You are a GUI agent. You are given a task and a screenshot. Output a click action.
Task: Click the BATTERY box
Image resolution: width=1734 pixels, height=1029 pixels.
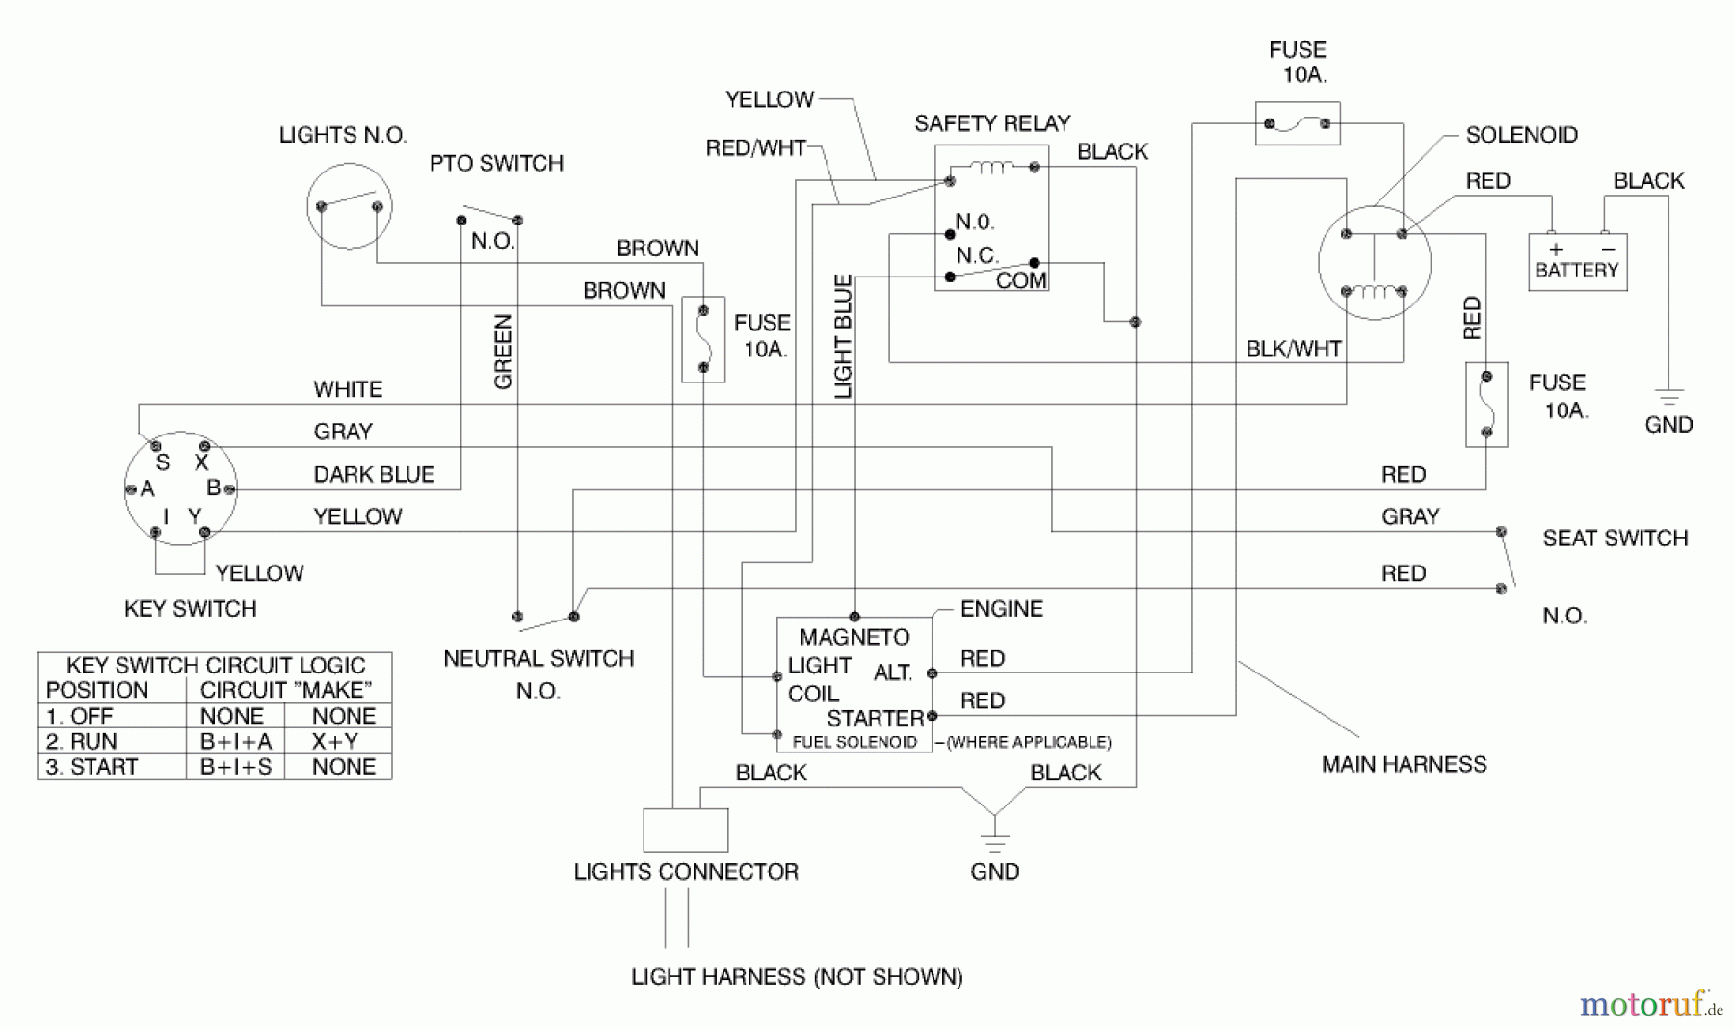(x=1577, y=262)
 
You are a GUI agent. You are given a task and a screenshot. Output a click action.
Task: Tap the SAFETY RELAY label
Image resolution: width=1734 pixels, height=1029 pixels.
(x=991, y=123)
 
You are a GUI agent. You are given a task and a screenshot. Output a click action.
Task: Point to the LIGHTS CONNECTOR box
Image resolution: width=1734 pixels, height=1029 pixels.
(x=685, y=830)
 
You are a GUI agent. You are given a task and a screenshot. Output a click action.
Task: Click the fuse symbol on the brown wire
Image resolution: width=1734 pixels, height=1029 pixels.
(x=703, y=339)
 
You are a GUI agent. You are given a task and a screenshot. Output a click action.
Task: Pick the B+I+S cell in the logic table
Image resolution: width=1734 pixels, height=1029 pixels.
(x=235, y=767)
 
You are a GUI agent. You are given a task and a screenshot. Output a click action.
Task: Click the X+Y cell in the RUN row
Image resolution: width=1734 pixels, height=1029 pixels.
(x=334, y=741)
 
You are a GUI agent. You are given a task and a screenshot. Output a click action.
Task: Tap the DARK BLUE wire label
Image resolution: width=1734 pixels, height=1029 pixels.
(x=374, y=474)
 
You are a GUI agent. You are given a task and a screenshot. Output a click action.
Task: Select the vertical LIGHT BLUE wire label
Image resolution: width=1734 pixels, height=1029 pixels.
(x=843, y=337)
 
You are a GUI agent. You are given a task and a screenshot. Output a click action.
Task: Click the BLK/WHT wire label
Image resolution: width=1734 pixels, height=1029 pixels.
(x=1293, y=349)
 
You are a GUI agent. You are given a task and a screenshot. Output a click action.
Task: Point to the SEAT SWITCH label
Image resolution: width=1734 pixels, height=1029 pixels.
(x=1615, y=538)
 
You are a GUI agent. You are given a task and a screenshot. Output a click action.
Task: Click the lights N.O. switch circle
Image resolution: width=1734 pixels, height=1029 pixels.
(x=349, y=206)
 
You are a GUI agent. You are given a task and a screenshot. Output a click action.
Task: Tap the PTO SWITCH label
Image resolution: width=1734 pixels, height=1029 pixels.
(x=496, y=163)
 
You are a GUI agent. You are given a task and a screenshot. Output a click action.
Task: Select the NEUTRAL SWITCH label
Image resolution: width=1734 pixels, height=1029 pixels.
(x=539, y=659)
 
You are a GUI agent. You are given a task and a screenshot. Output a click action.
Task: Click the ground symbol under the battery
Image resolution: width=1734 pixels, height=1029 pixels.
(x=1668, y=396)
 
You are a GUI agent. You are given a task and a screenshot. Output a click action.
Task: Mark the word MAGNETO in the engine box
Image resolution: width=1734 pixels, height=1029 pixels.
(x=854, y=637)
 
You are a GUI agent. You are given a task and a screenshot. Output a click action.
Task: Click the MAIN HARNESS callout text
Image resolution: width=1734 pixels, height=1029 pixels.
(x=1404, y=764)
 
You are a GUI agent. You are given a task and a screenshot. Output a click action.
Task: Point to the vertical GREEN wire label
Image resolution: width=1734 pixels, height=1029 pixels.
(x=503, y=352)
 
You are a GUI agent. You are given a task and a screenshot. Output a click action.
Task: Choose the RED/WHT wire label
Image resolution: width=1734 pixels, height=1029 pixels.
(x=755, y=147)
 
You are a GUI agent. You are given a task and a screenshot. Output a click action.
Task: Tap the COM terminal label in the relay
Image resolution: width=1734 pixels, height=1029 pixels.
(x=1020, y=280)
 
